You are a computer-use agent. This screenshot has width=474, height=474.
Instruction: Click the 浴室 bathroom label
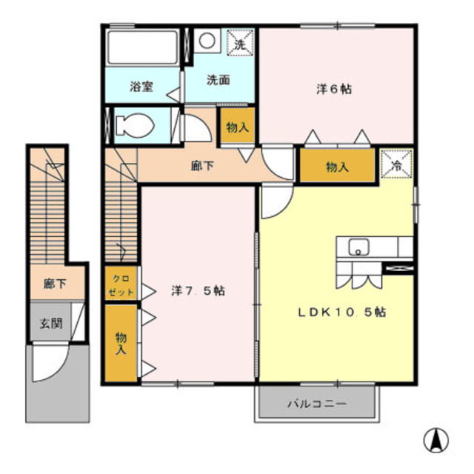(141, 86)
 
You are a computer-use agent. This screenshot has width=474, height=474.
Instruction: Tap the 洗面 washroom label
(218, 80)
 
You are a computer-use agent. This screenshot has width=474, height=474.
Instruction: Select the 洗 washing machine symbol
(240, 43)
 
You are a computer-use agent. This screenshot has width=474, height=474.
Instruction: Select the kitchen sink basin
(359, 247)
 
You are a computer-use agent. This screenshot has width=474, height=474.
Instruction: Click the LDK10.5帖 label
(342, 312)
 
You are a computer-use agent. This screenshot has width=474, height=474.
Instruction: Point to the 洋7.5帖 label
(198, 291)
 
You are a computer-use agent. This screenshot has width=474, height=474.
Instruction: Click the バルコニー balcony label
(317, 405)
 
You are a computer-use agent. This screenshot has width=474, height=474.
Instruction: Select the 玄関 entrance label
(50, 324)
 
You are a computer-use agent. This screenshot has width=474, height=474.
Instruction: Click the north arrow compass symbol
(435, 441)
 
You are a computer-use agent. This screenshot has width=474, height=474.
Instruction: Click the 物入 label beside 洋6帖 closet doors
(337, 167)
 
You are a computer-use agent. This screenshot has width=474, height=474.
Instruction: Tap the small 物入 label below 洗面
(237, 128)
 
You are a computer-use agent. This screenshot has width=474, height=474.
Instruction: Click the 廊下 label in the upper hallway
(202, 166)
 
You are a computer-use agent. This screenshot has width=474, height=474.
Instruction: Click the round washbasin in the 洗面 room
(207, 40)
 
